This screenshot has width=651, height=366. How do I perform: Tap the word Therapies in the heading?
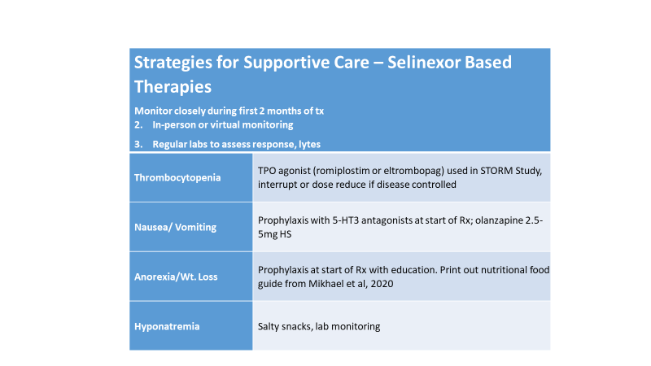(173, 87)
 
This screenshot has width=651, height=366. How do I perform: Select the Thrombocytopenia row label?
(177, 177)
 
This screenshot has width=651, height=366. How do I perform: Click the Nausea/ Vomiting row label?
(175, 227)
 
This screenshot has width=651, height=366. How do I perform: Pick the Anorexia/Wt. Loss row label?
(176, 277)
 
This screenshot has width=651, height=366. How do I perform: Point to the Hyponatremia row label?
(167, 327)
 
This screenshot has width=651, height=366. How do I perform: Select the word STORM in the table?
(495, 171)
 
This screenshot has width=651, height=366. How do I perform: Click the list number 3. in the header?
(138, 145)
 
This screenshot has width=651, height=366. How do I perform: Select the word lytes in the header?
(309, 145)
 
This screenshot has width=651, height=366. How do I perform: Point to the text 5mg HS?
(274, 234)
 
